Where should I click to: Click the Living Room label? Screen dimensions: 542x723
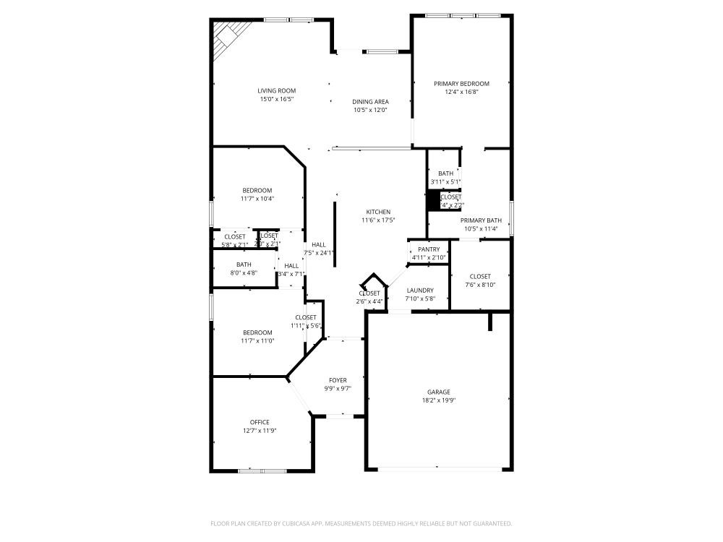click(277, 91)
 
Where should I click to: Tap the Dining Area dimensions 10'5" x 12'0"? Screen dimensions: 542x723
click(370, 111)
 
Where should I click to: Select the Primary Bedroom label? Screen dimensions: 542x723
click(461, 84)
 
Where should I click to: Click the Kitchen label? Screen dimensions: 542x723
click(378, 212)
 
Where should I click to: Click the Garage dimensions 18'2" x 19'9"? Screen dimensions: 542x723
click(438, 400)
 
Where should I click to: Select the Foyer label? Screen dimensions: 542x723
click(338, 380)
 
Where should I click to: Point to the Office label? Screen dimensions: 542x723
click(260, 422)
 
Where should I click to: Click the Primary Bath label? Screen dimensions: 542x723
click(481, 220)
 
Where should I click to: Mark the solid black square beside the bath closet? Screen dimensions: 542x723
click(434, 200)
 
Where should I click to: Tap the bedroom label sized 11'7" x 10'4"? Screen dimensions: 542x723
click(257, 190)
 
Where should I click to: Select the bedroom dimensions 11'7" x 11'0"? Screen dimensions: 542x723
click(257, 341)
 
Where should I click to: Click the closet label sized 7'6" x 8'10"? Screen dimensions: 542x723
click(480, 276)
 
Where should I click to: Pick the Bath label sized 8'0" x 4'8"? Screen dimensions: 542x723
click(244, 264)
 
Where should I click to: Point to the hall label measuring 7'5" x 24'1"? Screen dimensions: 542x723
click(318, 245)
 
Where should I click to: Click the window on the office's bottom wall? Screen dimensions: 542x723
click(262, 471)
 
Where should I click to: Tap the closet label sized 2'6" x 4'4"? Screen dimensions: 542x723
click(369, 293)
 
